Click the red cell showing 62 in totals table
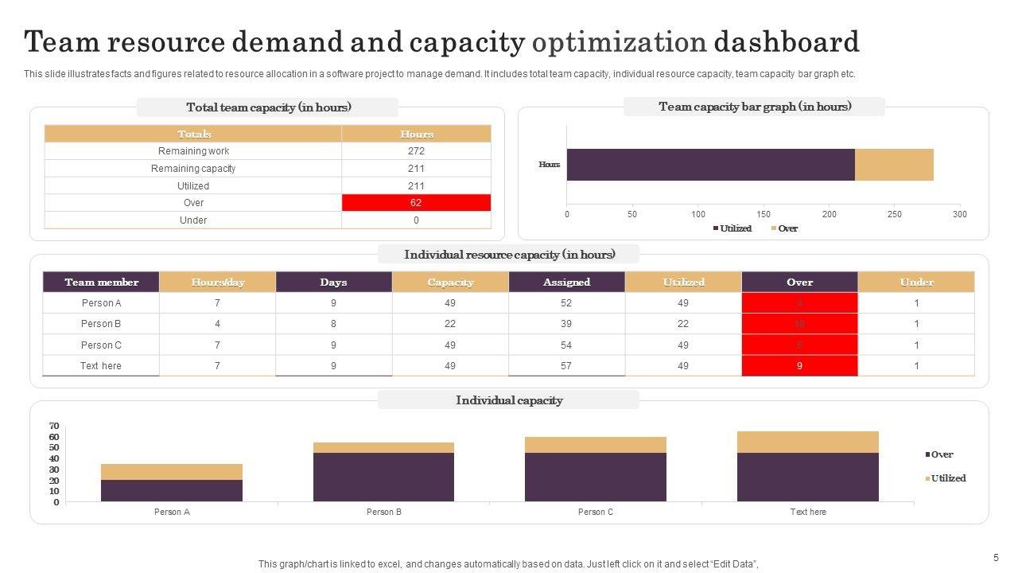(x=416, y=203)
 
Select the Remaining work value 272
(x=416, y=151)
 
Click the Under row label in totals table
(x=193, y=220)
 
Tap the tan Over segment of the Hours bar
(x=894, y=165)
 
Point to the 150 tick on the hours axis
(x=763, y=214)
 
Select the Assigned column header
(x=567, y=283)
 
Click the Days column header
(x=333, y=283)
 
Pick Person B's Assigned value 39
(x=566, y=324)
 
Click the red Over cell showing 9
(x=799, y=366)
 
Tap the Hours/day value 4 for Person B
(x=217, y=324)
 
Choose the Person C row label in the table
(x=101, y=345)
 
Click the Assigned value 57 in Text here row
(x=566, y=366)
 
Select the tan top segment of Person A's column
(x=172, y=472)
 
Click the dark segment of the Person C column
(x=595, y=477)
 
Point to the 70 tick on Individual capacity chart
(x=54, y=427)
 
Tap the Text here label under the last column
(x=808, y=513)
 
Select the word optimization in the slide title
(x=619, y=41)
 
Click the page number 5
(x=996, y=558)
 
